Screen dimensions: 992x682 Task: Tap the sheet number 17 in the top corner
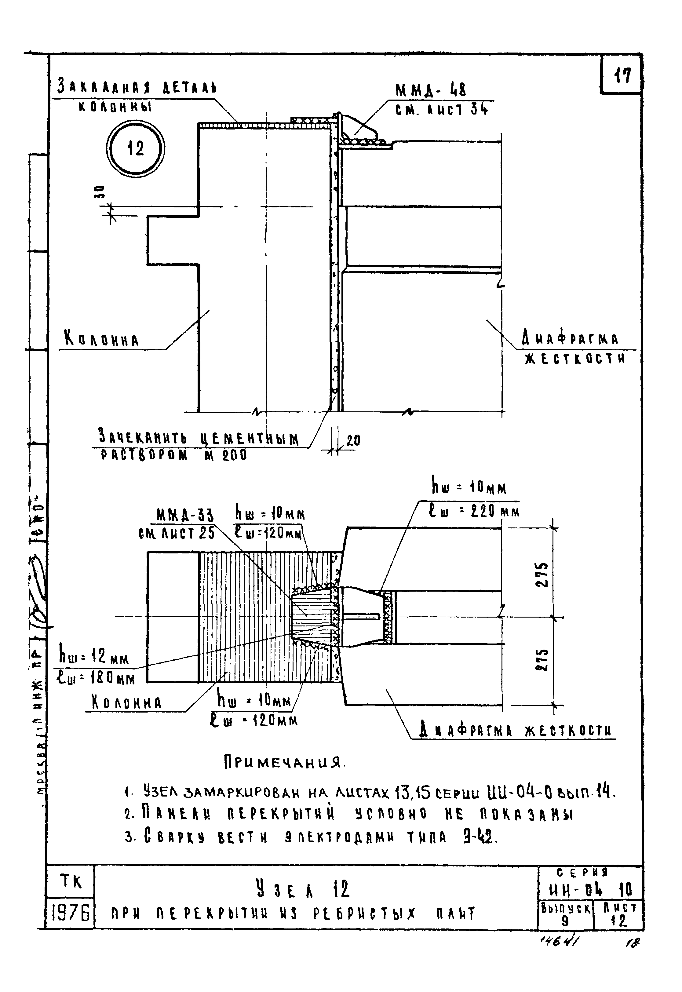click(x=622, y=76)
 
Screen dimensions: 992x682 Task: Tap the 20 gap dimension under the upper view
click(x=353, y=440)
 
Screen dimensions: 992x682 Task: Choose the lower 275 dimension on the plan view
click(x=542, y=661)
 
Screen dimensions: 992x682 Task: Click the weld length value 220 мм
click(x=489, y=511)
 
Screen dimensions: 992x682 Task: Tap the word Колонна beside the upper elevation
click(x=102, y=340)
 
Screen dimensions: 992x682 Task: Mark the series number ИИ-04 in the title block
click(x=576, y=890)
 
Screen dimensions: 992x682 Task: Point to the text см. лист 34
click(x=441, y=110)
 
